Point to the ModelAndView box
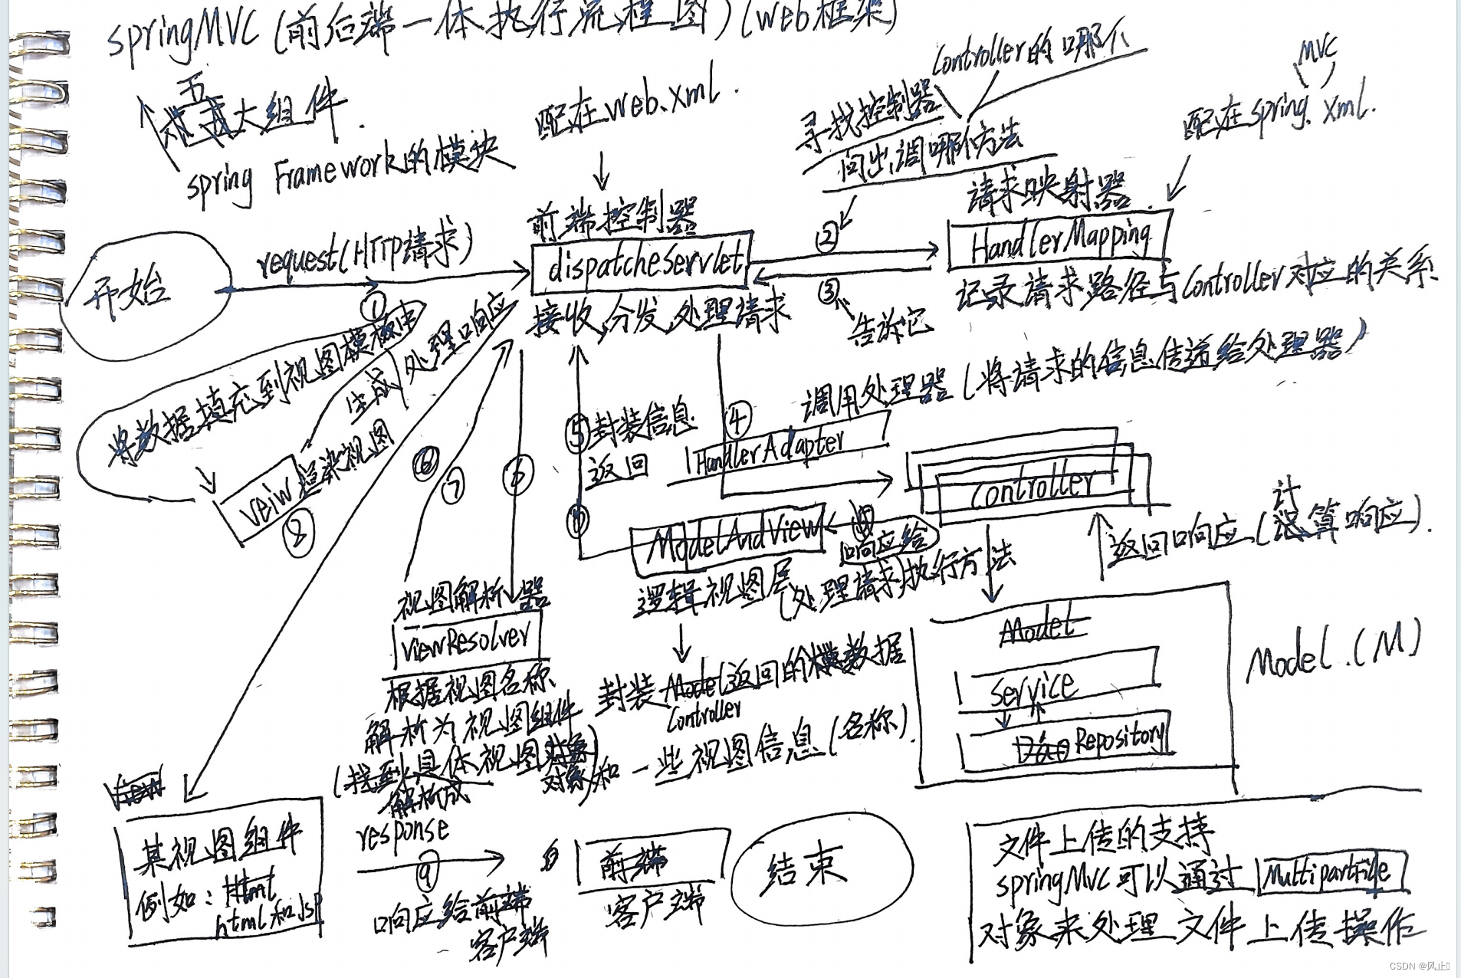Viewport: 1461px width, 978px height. pyautogui.click(x=728, y=540)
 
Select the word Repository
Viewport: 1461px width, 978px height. pyautogui.click(x=1119, y=739)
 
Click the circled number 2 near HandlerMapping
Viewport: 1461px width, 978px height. pyautogui.click(x=826, y=238)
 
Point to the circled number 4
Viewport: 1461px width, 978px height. pyautogui.click(x=737, y=418)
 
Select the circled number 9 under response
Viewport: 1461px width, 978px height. pyautogui.click(x=426, y=873)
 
